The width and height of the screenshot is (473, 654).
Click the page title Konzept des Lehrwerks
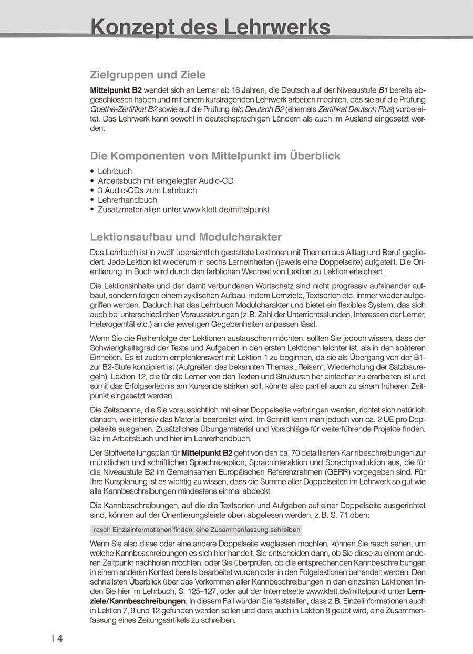(x=210, y=26)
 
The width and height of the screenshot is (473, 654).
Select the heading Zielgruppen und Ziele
(x=148, y=75)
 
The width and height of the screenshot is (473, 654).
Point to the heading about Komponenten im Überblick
(x=215, y=156)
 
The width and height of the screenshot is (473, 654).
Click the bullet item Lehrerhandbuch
(x=127, y=200)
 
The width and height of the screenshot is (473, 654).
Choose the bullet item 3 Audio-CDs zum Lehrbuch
(x=147, y=190)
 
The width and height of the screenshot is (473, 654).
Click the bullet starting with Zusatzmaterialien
(x=183, y=209)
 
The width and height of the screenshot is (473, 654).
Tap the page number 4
(x=60, y=639)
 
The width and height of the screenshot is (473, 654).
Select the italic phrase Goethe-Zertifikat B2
(x=124, y=109)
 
